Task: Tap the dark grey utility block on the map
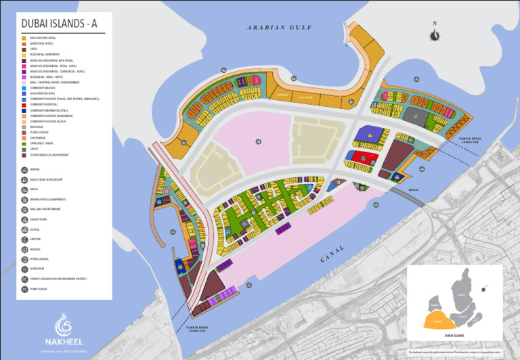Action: pos(416,118)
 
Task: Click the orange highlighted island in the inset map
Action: pos(438,318)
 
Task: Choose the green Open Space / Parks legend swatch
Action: pos(23,144)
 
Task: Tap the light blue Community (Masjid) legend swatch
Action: pos(23,88)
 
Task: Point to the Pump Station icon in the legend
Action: pos(25,289)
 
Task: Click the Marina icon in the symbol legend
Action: pos(25,170)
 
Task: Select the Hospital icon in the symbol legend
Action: pos(25,240)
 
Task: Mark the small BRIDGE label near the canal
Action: pos(414,189)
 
